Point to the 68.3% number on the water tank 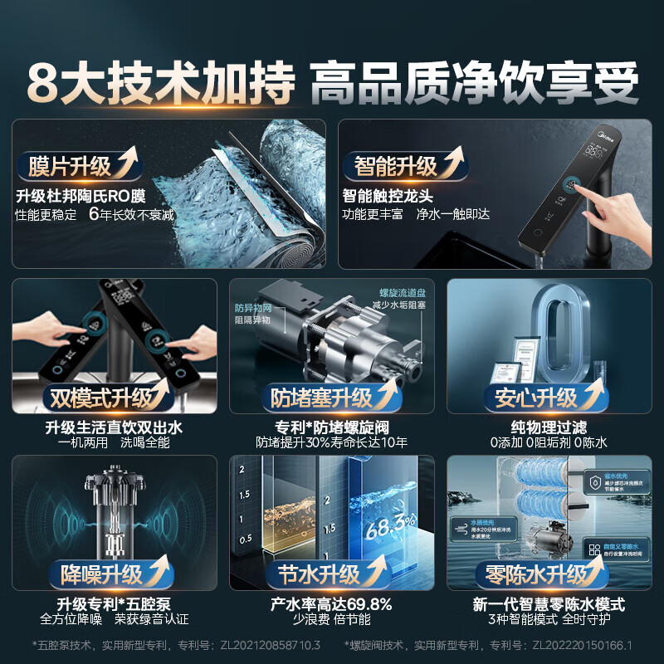pyautogui.click(x=391, y=525)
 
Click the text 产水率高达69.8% pyautogui.click(x=331, y=603)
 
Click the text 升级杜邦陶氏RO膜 pyautogui.click(x=81, y=197)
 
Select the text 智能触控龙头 pyautogui.click(x=388, y=197)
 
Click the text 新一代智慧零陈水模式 pyautogui.click(x=549, y=603)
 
